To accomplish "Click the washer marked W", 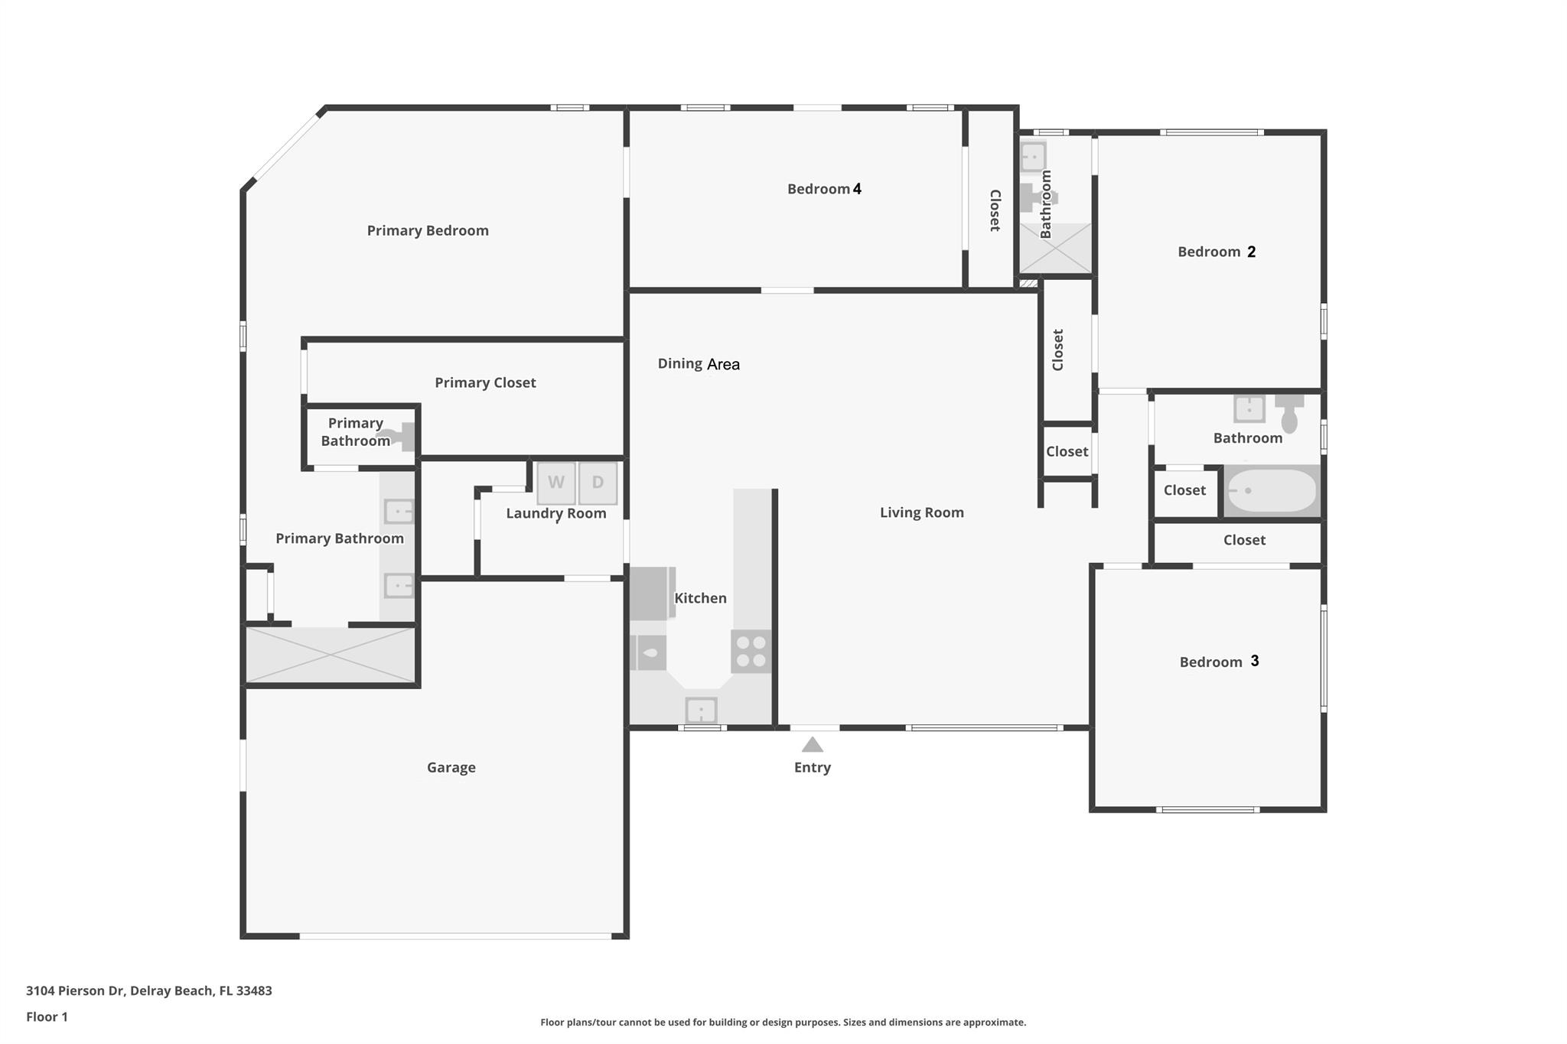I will tap(556, 483).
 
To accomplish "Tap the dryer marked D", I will tap(598, 483).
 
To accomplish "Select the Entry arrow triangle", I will tap(812, 745).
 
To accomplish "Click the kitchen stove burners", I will tap(750, 651).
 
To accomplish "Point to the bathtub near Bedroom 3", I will tap(1271, 491).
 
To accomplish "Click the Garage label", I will tap(451, 767).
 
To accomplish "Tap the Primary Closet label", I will tap(485, 382).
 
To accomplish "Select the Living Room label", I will tap(921, 512).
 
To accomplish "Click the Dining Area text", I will tap(699, 364).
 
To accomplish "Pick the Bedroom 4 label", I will tap(824, 189).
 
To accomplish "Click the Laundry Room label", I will tap(555, 513).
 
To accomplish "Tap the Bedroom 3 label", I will tap(1219, 662).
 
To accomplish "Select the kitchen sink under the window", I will tap(701, 711).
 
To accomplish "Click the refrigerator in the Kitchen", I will tap(650, 593).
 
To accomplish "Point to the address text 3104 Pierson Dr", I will tap(148, 990).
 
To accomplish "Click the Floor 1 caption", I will tap(47, 1016).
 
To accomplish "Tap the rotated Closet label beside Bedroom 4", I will tap(995, 210).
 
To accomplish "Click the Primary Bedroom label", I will tap(427, 230).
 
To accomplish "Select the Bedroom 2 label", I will tap(1216, 252).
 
